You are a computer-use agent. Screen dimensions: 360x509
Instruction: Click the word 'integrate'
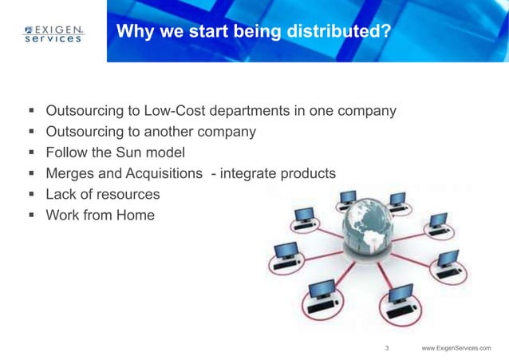click(x=254, y=173)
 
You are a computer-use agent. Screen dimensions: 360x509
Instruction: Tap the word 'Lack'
click(x=61, y=194)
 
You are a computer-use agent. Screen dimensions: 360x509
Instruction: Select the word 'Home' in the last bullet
click(x=136, y=215)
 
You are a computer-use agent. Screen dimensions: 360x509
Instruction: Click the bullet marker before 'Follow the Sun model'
click(x=30, y=152)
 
